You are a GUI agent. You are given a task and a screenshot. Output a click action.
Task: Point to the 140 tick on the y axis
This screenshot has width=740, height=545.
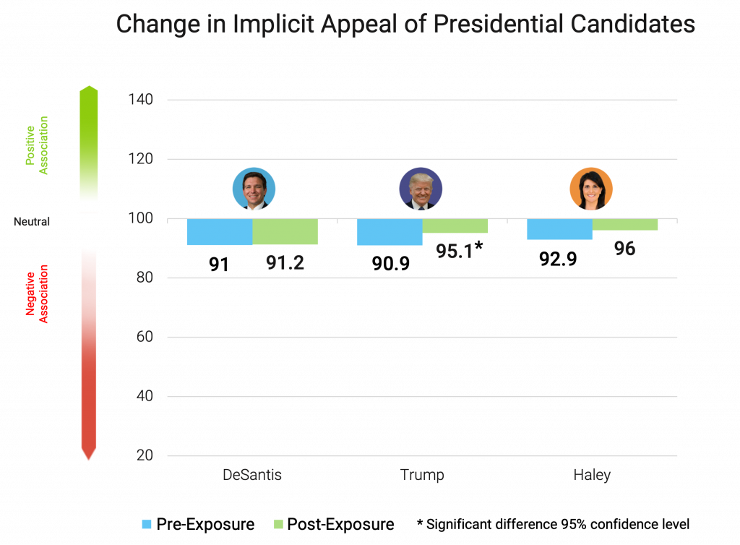tap(141, 100)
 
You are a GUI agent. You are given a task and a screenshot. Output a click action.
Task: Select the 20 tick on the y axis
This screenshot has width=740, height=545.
tap(145, 456)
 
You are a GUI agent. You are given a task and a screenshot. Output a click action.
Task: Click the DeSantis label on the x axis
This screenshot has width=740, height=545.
tap(252, 475)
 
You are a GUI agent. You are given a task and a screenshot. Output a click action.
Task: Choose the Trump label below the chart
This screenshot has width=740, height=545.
tap(422, 475)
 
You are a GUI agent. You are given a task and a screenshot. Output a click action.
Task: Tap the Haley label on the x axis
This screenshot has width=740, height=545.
tap(592, 475)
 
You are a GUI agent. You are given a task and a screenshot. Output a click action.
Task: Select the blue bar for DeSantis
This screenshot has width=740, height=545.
tap(220, 232)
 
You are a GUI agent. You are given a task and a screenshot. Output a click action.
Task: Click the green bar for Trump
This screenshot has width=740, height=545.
tap(455, 226)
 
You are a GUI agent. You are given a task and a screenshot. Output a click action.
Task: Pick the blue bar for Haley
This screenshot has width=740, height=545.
tap(559, 229)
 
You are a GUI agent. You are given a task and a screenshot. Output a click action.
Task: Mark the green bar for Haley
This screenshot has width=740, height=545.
tap(625, 225)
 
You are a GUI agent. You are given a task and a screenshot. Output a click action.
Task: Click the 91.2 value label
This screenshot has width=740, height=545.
tap(285, 262)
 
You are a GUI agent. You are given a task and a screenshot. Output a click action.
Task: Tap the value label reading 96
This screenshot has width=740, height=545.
tap(624, 249)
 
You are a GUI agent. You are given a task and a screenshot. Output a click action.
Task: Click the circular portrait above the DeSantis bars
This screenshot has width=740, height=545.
tap(254, 189)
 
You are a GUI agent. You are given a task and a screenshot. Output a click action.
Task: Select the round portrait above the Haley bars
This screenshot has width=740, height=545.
tap(591, 189)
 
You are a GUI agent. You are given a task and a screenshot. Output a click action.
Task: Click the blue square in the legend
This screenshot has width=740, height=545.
tap(147, 524)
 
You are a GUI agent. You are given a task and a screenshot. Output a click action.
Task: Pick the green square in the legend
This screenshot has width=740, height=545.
tap(278, 524)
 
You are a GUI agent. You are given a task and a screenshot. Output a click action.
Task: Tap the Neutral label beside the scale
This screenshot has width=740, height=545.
tap(32, 222)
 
